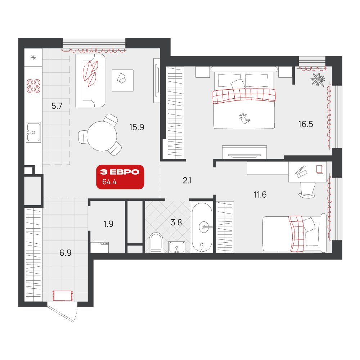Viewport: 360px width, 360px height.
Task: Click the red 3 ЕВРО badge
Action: [120, 177]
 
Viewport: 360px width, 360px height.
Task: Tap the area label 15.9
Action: [136, 127]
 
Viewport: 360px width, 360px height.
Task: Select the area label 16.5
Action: [306, 124]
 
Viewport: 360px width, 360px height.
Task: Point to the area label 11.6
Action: [260, 195]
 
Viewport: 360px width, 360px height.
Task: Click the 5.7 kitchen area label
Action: [57, 106]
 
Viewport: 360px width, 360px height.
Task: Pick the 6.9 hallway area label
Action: [66, 253]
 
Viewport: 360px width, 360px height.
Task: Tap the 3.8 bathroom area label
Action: [176, 222]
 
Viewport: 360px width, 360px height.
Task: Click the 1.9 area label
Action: [108, 224]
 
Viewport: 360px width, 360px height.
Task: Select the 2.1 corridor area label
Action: [187, 181]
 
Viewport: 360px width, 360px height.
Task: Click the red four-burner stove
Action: [33, 86]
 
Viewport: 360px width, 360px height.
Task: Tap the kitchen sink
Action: [33, 132]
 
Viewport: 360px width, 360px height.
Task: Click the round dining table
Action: [102, 136]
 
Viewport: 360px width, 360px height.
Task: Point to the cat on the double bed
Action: [244, 118]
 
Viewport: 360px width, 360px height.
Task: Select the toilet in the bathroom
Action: [156, 243]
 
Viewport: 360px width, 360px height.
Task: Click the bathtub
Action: [202, 228]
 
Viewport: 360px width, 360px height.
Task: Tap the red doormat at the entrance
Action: [63, 296]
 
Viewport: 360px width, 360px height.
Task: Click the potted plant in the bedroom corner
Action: [318, 80]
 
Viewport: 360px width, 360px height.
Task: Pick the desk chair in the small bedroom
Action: [307, 190]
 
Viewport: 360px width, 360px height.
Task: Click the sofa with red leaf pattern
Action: [90, 81]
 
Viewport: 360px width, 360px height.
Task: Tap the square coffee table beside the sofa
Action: [123, 80]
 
